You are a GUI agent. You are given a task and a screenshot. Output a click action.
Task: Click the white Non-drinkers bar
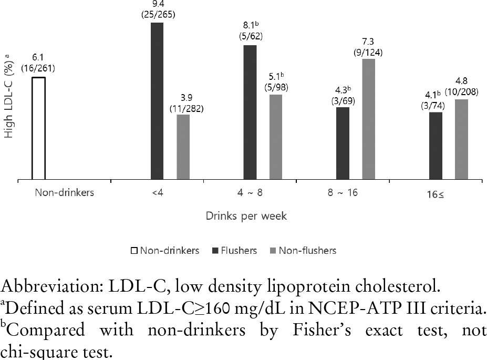click(38, 129)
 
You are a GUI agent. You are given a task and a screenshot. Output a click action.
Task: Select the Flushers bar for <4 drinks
click(157, 101)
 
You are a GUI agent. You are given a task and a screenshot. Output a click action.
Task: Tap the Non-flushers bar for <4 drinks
click(183, 147)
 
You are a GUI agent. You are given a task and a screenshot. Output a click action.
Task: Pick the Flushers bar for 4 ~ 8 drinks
click(250, 112)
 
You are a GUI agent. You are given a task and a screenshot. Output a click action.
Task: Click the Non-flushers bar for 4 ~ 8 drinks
click(276, 137)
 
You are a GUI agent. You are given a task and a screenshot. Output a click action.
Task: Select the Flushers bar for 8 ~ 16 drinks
click(343, 143)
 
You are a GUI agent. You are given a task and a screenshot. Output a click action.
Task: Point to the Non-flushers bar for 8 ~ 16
click(368, 119)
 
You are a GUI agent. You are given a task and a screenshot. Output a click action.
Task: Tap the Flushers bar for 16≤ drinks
click(436, 146)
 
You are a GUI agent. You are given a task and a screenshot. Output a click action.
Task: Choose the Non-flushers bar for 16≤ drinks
click(461, 140)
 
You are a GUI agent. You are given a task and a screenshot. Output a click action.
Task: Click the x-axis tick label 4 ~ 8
click(250, 192)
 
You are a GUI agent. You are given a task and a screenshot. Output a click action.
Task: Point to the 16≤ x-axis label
click(436, 193)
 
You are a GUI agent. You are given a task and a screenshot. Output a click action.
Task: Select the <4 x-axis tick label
click(157, 192)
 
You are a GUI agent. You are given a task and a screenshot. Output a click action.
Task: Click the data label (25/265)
click(158, 15)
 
